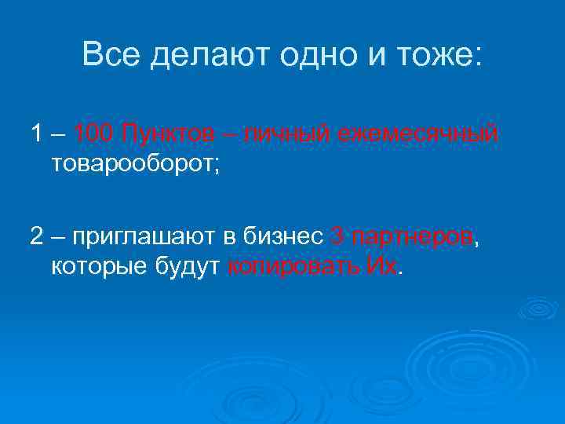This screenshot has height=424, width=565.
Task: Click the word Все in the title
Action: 111,55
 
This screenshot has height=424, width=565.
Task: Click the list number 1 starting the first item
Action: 37,134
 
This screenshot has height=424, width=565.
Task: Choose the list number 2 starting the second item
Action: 37,236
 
